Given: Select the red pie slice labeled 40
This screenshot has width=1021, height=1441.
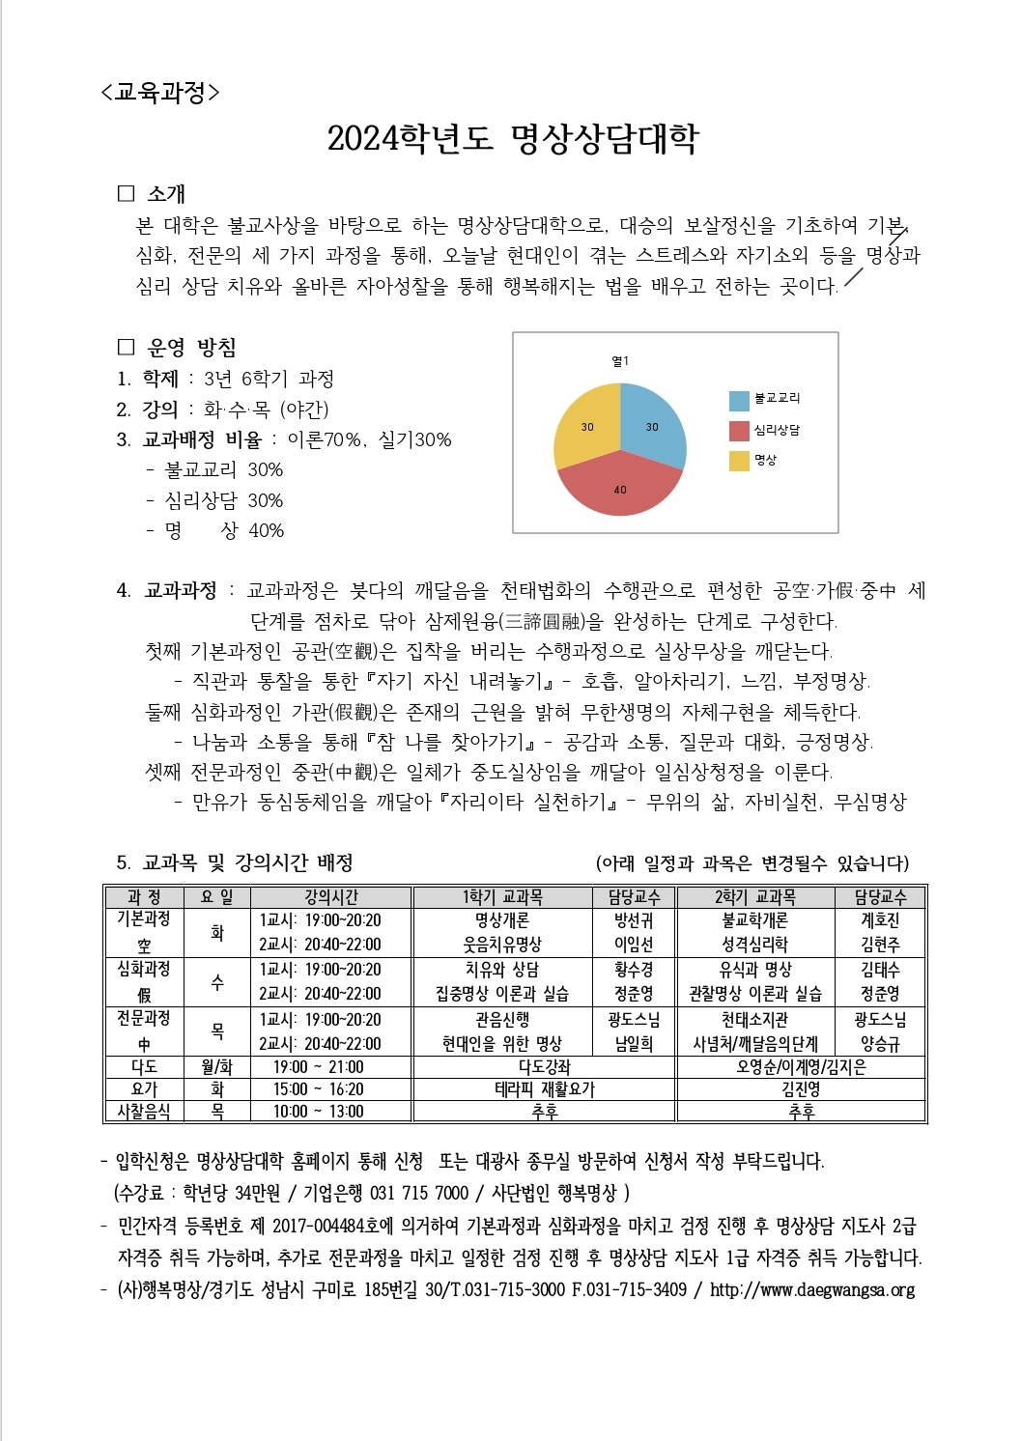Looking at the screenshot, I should click(620, 487).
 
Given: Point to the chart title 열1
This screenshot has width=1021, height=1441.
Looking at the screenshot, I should click(620, 361).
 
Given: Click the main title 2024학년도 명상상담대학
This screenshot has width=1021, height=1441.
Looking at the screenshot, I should click(512, 139).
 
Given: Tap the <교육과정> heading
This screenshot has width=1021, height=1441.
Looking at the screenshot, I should click(159, 93).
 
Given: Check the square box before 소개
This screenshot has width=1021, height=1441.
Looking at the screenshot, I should click(126, 193).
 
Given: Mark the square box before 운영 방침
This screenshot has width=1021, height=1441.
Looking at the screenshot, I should click(126, 347).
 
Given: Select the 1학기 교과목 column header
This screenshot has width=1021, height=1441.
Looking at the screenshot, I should click(502, 897).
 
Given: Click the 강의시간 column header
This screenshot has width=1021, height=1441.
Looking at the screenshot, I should click(330, 897).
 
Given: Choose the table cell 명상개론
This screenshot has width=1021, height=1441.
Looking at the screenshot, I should click(502, 920).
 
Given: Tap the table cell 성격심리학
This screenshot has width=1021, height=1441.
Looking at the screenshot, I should click(754, 945).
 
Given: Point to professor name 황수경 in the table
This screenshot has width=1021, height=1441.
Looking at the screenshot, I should click(634, 969).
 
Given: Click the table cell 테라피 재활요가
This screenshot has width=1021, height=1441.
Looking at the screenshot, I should click(545, 1089).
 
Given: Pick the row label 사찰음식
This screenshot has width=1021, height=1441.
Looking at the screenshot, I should click(144, 1112).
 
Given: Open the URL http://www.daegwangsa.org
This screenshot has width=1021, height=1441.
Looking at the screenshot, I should click(812, 1290).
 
